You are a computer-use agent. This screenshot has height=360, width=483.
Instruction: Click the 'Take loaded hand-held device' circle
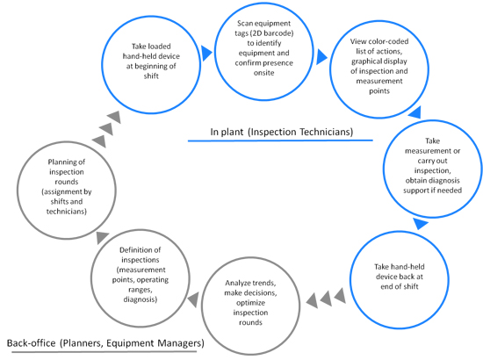click(x=102, y=65)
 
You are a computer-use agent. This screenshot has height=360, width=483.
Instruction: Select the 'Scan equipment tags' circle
click(x=214, y=52)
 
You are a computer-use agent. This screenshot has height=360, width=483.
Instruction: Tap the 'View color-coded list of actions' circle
click(x=330, y=69)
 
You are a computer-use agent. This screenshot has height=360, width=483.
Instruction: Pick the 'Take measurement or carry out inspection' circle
click(x=384, y=169)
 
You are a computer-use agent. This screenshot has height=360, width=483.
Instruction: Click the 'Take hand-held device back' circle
click(x=350, y=279)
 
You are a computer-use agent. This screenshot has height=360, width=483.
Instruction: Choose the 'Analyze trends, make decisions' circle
click(x=202, y=306)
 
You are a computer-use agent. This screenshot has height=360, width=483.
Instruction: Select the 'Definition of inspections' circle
click(x=92, y=277)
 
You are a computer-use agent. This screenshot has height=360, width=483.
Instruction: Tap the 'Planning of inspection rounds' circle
click(x=18, y=190)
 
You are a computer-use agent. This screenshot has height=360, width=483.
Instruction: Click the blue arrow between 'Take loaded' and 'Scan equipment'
click(x=206, y=53)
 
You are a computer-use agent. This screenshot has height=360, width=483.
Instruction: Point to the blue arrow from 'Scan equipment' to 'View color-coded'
click(x=321, y=57)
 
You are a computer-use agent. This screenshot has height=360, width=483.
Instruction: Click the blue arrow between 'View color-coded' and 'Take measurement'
click(x=415, y=112)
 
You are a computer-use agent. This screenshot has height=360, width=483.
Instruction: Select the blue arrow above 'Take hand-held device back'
click(x=420, y=223)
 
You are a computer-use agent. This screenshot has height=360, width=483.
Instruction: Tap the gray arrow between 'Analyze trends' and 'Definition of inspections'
click(x=193, y=299)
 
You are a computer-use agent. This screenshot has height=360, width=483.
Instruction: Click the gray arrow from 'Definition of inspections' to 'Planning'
click(x=102, y=237)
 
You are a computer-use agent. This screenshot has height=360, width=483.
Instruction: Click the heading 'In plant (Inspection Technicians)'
click(x=282, y=132)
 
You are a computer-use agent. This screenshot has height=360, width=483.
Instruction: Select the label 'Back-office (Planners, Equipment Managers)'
click(x=105, y=343)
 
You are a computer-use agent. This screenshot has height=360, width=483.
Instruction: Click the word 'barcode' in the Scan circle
click(x=277, y=33)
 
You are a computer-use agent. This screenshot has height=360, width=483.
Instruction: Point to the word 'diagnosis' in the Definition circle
click(x=141, y=299)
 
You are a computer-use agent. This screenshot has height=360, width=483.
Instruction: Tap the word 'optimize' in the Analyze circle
click(x=250, y=303)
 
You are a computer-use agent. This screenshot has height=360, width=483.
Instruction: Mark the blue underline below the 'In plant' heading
click(x=280, y=140)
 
